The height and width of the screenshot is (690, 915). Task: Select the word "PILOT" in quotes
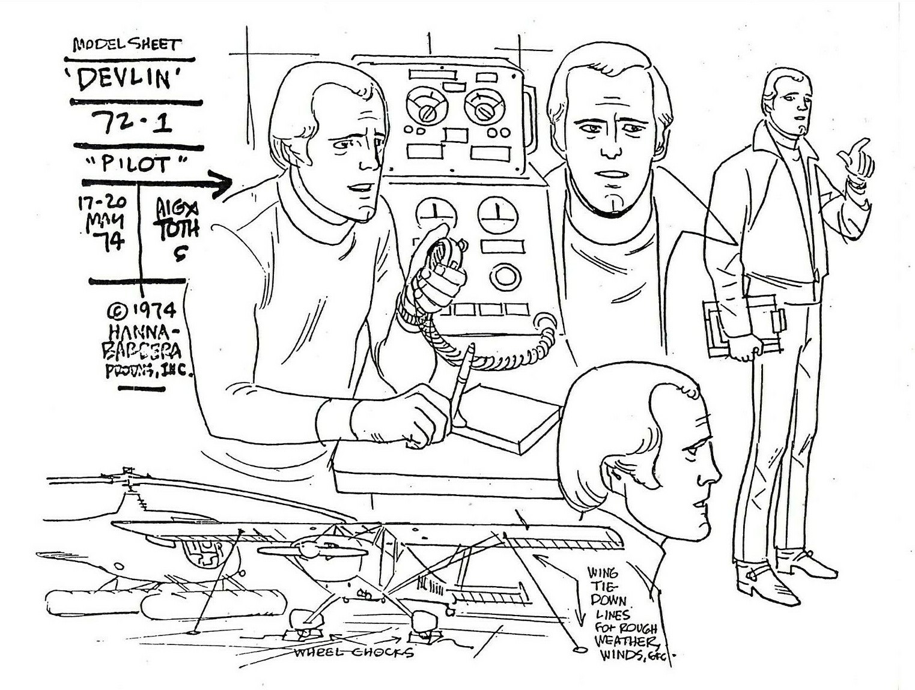(x=136, y=164)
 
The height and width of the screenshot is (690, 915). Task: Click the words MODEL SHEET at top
(x=126, y=44)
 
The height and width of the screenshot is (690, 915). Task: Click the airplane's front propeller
(x=312, y=549)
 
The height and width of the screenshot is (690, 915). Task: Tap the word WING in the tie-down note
(x=602, y=572)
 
